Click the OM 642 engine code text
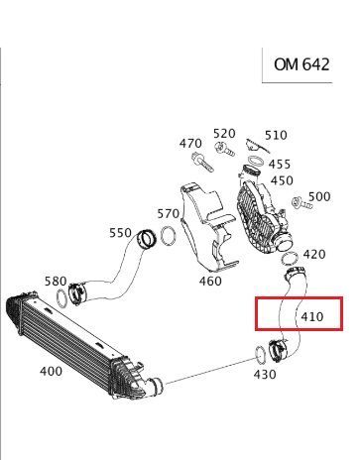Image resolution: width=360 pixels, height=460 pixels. [301, 64]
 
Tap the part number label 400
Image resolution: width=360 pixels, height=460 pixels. [51, 371]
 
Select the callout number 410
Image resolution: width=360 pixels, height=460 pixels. [312, 317]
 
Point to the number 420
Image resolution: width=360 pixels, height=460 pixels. [314, 254]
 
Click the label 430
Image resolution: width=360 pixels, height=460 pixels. [265, 375]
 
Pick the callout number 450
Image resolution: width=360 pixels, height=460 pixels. [282, 180]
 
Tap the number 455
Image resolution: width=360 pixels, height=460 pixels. [280, 164]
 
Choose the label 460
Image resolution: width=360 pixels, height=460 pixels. [210, 281]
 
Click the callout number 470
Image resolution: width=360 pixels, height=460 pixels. [190, 144]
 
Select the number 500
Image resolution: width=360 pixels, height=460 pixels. [319, 196]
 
